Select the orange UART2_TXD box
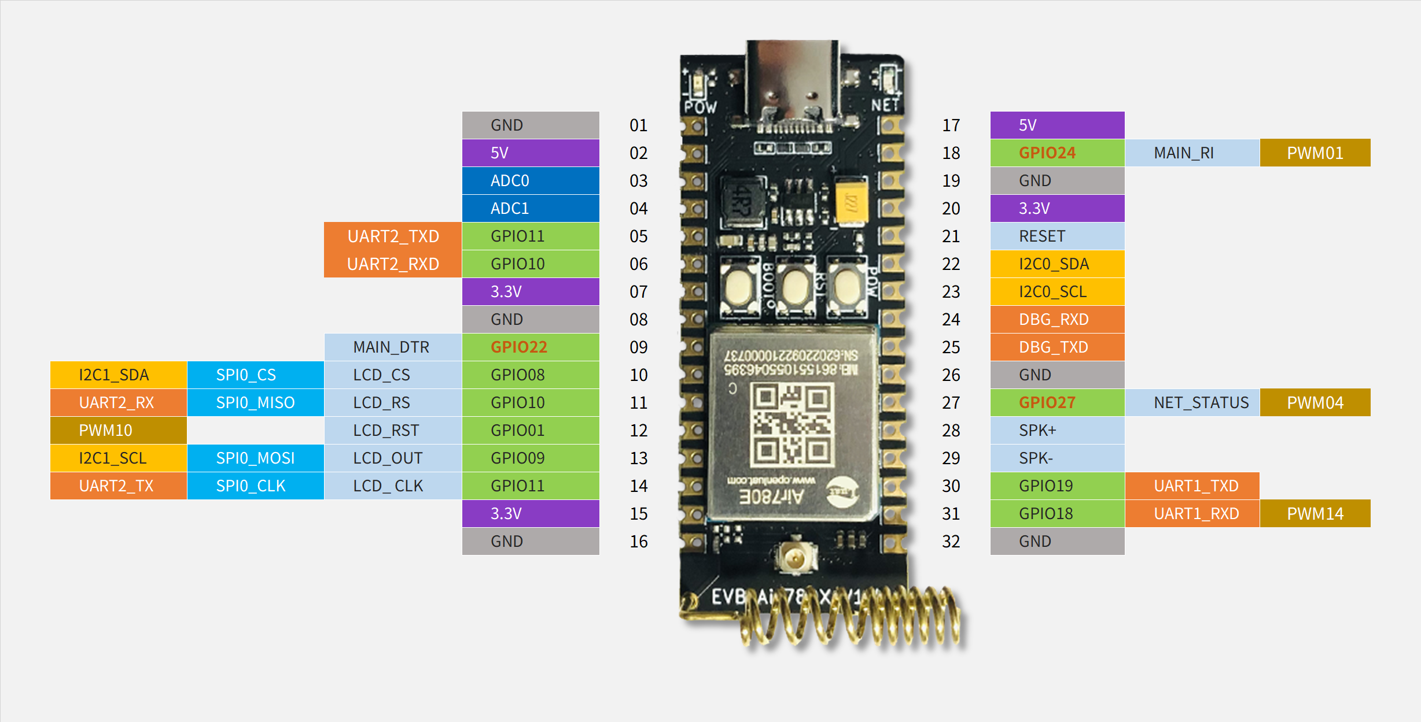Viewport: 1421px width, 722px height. point(393,236)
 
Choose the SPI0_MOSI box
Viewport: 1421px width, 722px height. point(255,458)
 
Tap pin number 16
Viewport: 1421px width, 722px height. point(638,542)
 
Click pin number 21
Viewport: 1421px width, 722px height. point(951,236)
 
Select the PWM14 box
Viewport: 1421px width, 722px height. point(1315,514)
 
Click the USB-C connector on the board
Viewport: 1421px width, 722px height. point(792,81)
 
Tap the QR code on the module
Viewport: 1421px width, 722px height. point(792,425)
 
